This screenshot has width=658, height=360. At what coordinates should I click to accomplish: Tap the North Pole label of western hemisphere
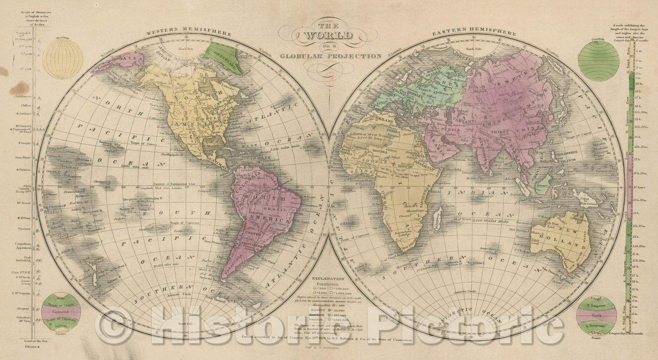(x=188, y=49)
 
